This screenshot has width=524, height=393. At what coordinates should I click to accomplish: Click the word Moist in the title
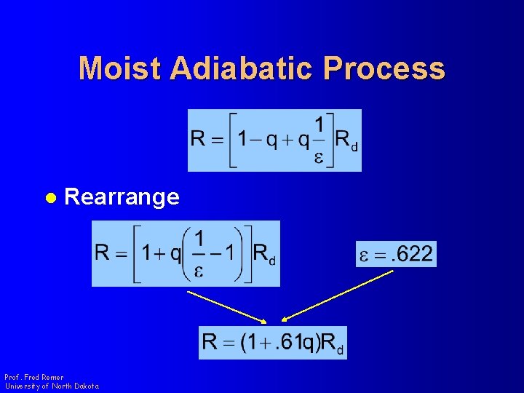pyautogui.click(x=121, y=68)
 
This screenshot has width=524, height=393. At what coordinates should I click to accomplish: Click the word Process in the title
pyautogui.click(x=384, y=68)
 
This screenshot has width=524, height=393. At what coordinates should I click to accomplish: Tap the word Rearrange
pyautogui.click(x=122, y=197)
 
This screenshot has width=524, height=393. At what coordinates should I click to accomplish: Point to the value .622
pyautogui.click(x=410, y=254)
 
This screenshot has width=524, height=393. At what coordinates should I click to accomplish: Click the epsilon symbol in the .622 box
pyautogui.click(x=365, y=255)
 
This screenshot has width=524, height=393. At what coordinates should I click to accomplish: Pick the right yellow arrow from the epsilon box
pyautogui.click(x=338, y=295)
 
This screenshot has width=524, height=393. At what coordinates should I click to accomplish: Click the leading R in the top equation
pyautogui.click(x=198, y=138)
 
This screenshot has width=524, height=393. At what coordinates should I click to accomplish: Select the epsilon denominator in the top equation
pyautogui.click(x=319, y=158)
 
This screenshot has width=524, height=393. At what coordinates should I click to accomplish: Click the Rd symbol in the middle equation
pyautogui.click(x=263, y=254)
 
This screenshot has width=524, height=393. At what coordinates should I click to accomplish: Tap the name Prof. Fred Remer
pyautogui.click(x=34, y=377)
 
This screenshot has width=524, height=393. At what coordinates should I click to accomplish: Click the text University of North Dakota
pyautogui.click(x=52, y=386)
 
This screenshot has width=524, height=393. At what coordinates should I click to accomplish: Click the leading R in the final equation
pyautogui.click(x=210, y=342)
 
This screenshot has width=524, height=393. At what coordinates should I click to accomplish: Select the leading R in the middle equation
pyautogui.click(x=103, y=253)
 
